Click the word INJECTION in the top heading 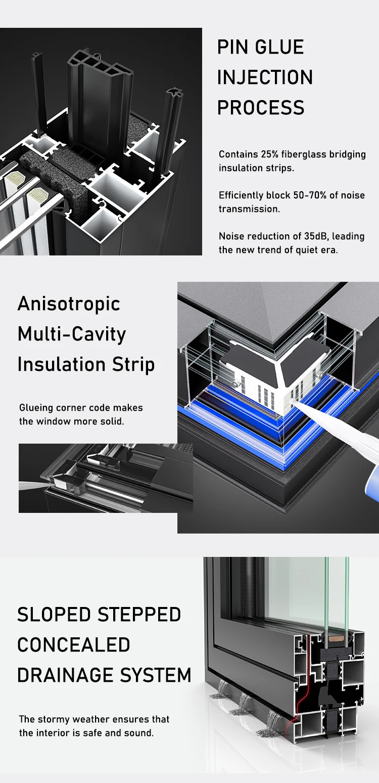(265, 77)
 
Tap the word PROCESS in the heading (261, 108)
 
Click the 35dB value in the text (315, 236)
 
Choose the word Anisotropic (69, 304)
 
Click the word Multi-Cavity (72, 334)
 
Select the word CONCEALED (74, 645)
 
